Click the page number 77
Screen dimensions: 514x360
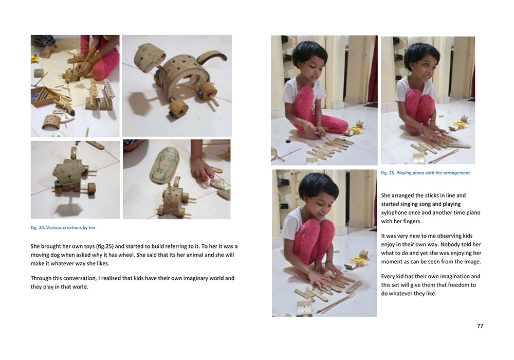click(480, 326)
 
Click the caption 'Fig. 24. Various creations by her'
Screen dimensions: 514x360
click(63, 227)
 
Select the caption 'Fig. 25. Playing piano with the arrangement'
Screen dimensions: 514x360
click(425, 173)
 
